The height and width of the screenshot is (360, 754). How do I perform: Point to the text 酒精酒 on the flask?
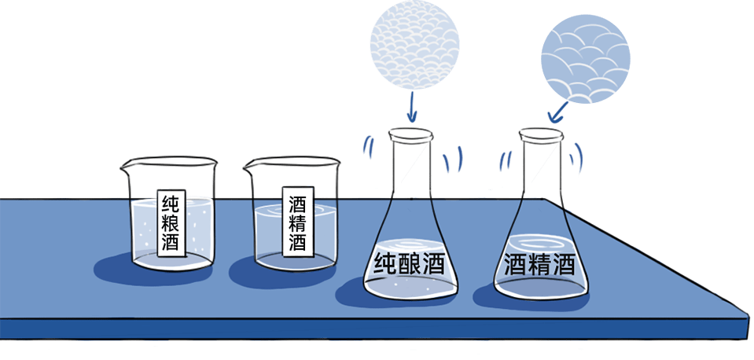click(540, 263)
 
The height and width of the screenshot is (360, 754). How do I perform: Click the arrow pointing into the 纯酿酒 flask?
click(411, 104)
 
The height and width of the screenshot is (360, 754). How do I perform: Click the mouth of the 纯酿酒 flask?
click(410, 136)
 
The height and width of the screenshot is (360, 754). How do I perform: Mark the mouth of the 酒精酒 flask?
click(540, 136)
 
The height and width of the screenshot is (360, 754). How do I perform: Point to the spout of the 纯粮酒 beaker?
click(126, 167)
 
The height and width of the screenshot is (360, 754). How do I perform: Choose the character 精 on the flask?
click(540, 263)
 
